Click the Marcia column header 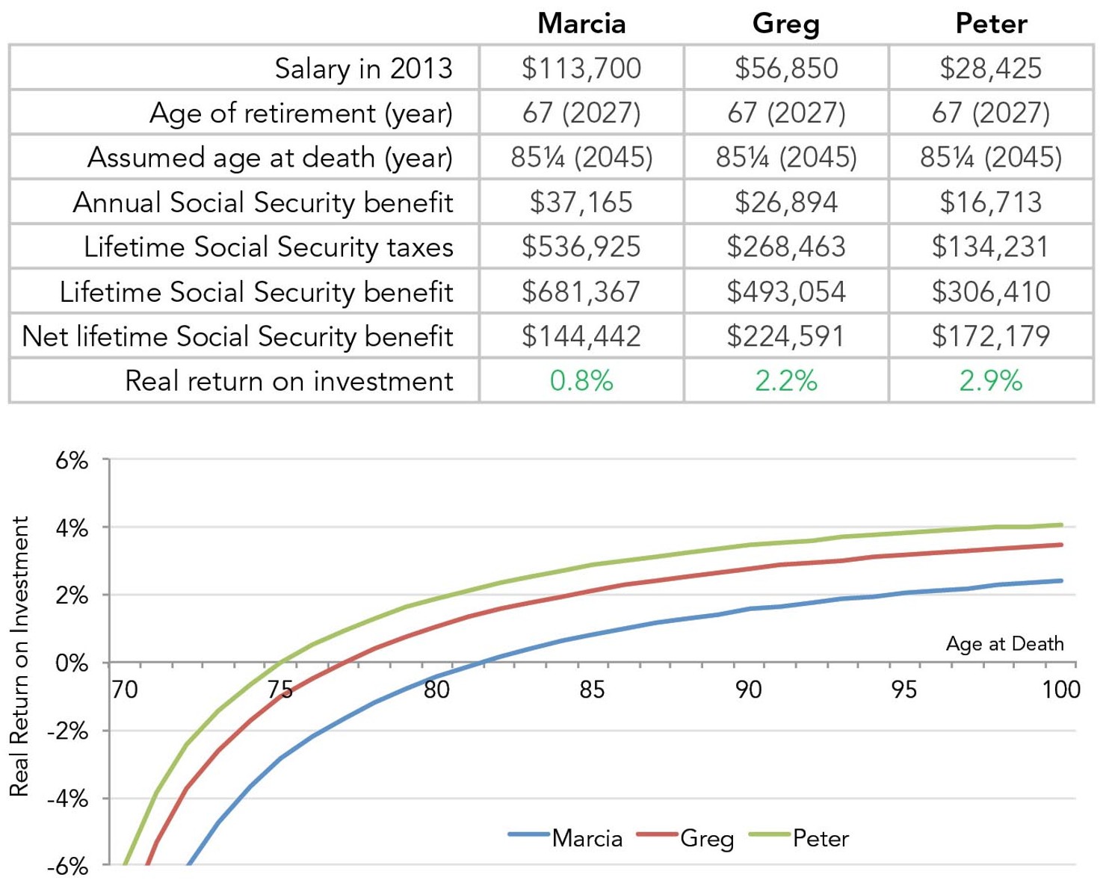581,23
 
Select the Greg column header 786,23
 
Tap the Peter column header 991,23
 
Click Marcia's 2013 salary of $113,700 581,68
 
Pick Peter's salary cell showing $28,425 991,68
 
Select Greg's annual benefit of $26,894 786,202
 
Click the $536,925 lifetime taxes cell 581,247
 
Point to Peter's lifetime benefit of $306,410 991,291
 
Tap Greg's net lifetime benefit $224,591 786,336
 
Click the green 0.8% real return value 581,381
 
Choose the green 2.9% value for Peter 991,381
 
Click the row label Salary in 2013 363,68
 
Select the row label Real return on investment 288,381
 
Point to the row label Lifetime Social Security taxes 268,247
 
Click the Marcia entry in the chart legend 586,838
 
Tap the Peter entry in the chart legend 820,838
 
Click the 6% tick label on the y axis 72,460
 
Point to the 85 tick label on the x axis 592,689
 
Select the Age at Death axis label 1004,643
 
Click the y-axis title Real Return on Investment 19,656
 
